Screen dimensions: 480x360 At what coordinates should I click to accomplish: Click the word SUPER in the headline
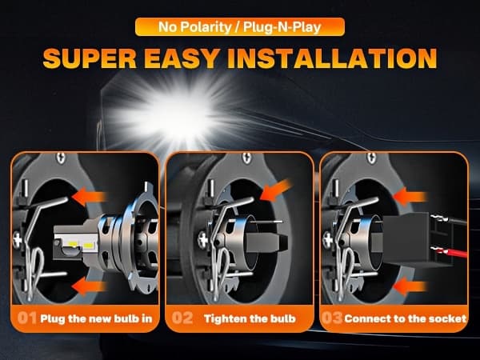tap(90, 58)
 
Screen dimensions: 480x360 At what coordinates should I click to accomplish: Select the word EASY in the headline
tap(182, 58)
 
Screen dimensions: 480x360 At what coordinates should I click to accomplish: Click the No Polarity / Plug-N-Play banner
tap(240, 27)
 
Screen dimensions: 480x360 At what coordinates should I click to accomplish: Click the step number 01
tap(27, 318)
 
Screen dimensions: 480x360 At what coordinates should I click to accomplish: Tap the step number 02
tap(182, 318)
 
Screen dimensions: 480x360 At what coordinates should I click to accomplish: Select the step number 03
tap(332, 318)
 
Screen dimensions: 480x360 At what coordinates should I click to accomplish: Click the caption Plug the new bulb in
tap(96, 318)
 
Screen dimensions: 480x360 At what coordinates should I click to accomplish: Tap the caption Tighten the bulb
tap(250, 318)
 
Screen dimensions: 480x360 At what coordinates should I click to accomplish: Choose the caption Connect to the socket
tap(406, 318)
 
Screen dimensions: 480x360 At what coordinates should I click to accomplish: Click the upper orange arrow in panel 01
tap(89, 197)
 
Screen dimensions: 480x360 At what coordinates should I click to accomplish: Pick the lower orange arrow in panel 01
tap(89, 286)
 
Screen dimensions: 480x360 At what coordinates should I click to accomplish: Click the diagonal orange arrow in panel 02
tap(276, 190)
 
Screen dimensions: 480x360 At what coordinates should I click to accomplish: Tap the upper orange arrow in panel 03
tap(410, 197)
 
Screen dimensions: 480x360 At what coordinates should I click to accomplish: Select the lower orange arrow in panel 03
tap(410, 286)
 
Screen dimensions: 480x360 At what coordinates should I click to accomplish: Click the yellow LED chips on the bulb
tap(81, 245)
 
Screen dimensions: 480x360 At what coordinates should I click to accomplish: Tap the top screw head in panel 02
tap(246, 158)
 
